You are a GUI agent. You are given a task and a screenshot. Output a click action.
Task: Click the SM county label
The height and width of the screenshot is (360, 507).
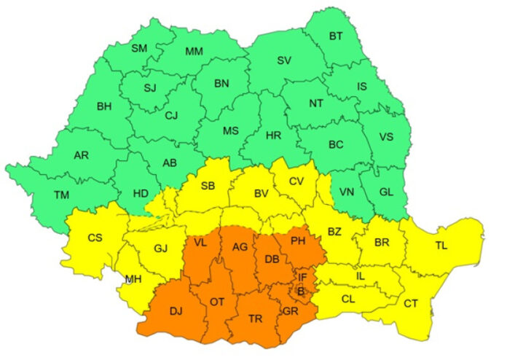pyautogui.click(x=138, y=49)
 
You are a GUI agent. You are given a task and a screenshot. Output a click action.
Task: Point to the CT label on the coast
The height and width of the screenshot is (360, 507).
pyautogui.click(x=411, y=303)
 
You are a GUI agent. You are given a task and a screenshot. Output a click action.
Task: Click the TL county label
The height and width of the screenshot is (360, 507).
pyautogui.click(x=441, y=245)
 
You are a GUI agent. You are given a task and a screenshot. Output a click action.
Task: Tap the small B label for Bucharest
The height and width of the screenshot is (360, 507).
pyautogui.click(x=300, y=291)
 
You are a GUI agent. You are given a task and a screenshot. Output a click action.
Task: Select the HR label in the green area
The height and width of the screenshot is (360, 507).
pyautogui.click(x=274, y=136)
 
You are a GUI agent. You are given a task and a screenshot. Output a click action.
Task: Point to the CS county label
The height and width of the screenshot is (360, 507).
pyautogui.click(x=95, y=238)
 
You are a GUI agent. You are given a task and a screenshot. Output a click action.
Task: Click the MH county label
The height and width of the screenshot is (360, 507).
pyautogui.click(x=133, y=279)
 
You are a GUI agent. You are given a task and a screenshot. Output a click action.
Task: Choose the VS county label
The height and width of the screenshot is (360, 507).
pyautogui.click(x=386, y=136)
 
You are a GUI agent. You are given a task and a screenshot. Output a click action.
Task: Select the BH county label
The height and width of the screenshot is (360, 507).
pyautogui.click(x=104, y=106)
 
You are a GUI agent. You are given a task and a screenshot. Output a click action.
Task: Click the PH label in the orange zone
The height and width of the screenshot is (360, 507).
pyautogui.click(x=297, y=240)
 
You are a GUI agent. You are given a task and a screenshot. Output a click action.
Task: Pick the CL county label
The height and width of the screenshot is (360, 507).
pyautogui.click(x=348, y=298)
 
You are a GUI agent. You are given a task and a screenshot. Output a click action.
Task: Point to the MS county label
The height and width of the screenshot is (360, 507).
pyautogui.click(x=231, y=131)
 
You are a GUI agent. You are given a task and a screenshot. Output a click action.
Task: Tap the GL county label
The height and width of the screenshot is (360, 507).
pyautogui.click(x=386, y=192)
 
